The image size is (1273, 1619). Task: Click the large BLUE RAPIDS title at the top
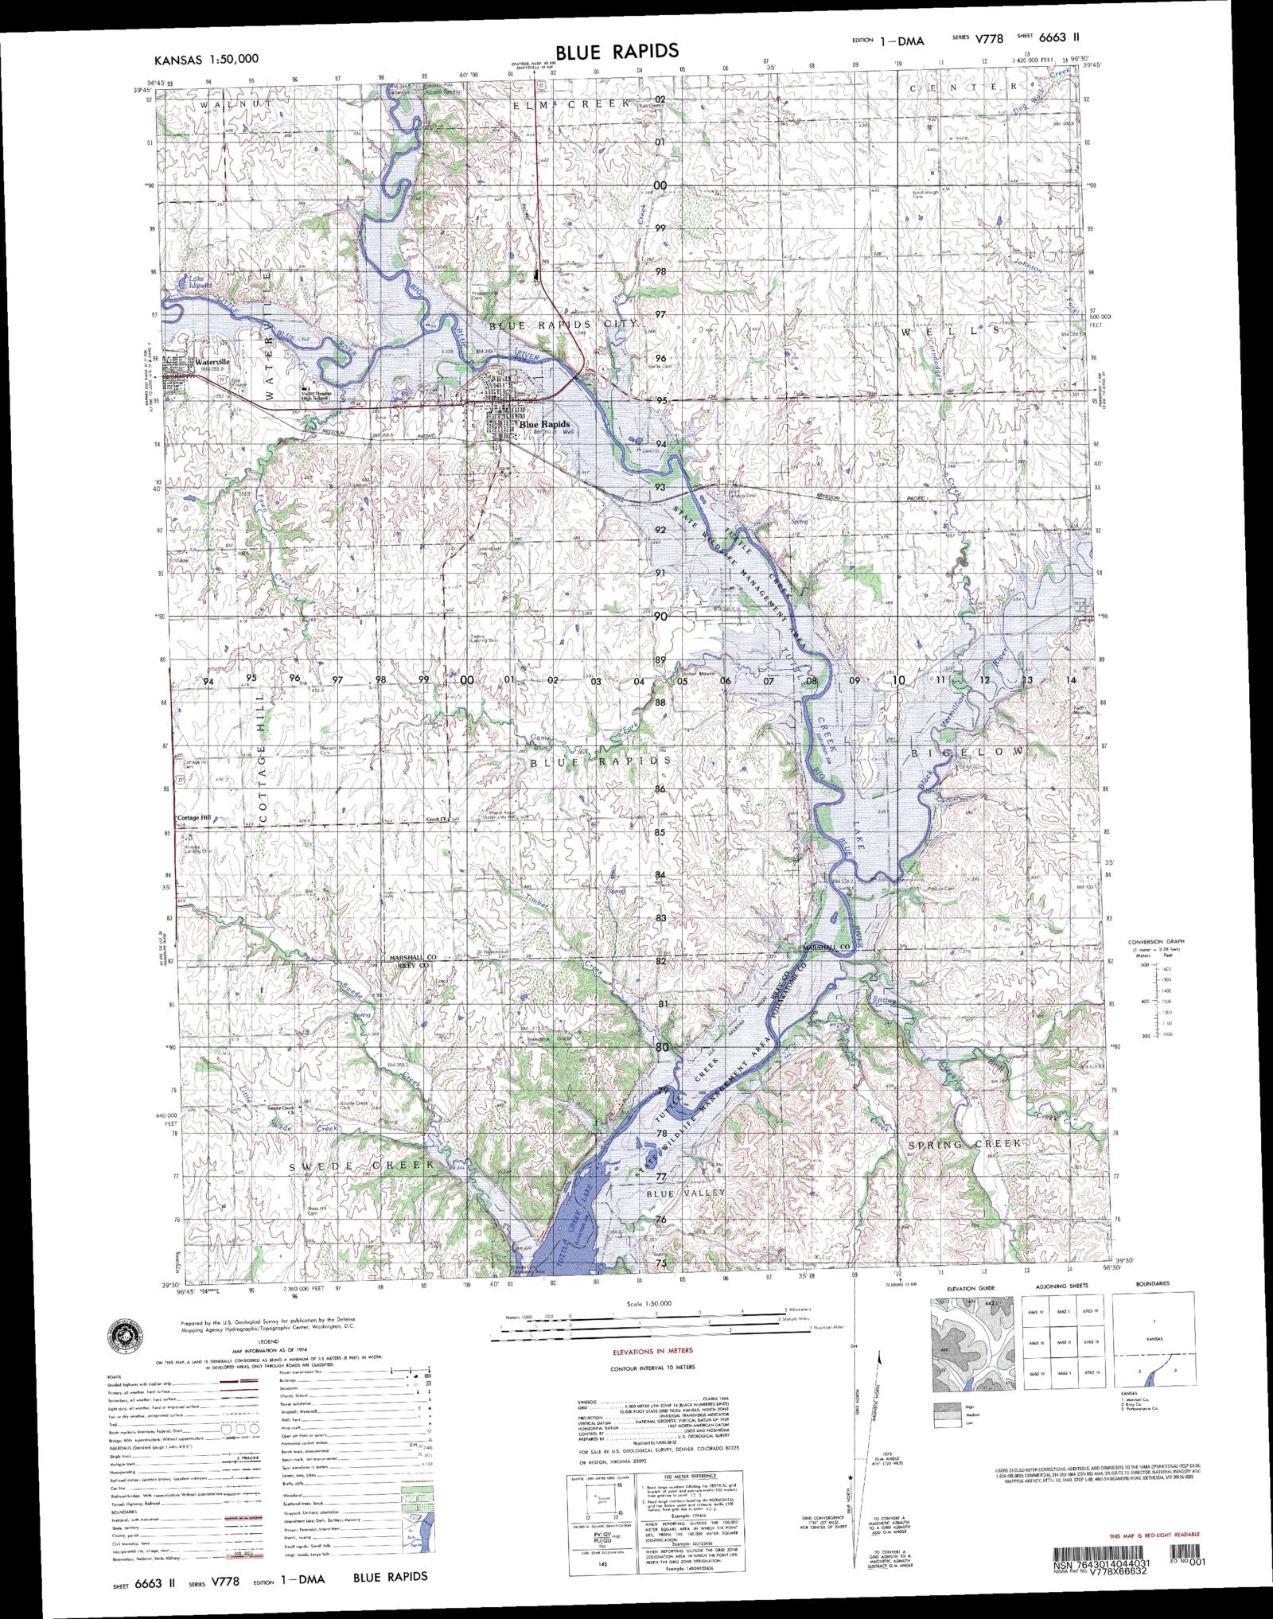[x=617, y=52]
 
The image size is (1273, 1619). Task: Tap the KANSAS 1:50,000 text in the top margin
[x=206, y=59]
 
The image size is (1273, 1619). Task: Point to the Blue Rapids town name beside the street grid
[x=544, y=425]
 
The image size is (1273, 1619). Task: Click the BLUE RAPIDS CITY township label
[x=563, y=325]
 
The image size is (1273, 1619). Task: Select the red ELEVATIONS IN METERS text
[x=652, y=1351]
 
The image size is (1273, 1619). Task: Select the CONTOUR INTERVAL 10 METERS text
[x=652, y=1368]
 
